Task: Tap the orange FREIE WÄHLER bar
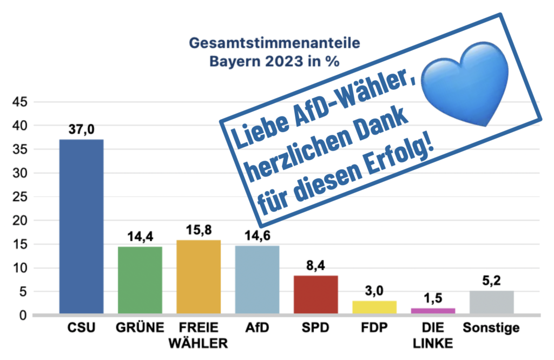point(199,277)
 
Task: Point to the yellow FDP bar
point(374,307)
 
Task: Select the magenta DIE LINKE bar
point(433,310)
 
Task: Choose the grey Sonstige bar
point(492,302)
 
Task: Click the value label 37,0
point(81,130)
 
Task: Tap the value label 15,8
point(199,231)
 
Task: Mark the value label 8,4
point(315,266)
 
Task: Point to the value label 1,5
point(433,298)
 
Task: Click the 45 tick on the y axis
point(27,102)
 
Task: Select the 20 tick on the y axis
point(27,220)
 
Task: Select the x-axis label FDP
point(374,328)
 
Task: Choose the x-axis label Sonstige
point(491,328)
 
